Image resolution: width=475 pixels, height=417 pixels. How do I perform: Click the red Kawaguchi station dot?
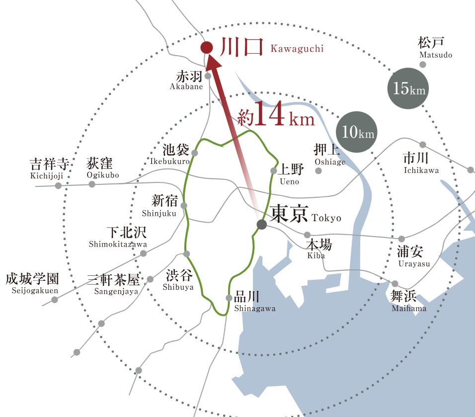tap(206, 48)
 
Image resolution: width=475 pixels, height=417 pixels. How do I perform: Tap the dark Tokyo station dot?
tap(262, 225)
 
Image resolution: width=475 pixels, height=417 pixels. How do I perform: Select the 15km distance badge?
tap(408, 88)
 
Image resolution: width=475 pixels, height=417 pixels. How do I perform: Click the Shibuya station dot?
tap(187, 254)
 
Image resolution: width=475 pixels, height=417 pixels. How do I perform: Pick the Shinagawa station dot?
tap(229, 298)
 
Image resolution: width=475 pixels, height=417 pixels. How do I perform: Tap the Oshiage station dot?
tap(318, 170)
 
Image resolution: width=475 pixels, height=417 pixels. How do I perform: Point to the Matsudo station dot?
tap(423, 65)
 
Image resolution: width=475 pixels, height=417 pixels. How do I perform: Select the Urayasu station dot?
tap(401, 239)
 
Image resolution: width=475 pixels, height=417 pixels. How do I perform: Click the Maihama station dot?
tap(395, 284)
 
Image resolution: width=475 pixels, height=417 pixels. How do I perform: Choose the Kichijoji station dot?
tap(58, 185)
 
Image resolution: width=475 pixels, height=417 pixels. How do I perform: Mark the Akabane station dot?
tap(208, 76)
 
